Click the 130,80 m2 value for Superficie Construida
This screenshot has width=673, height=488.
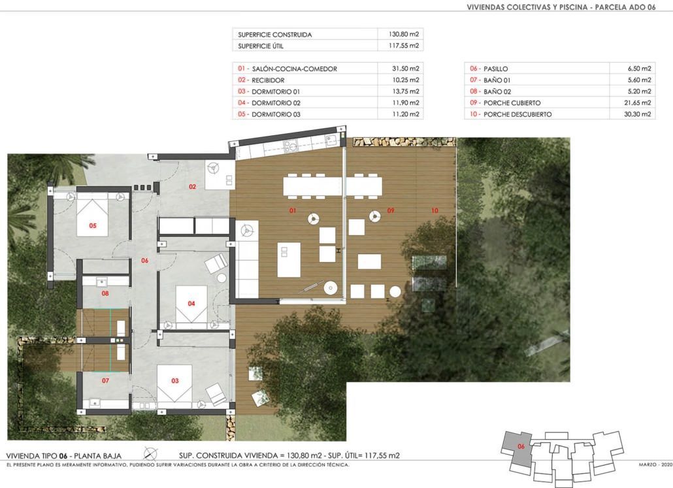point(403,35)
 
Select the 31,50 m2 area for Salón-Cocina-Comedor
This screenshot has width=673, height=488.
point(406,69)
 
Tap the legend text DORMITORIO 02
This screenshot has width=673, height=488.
point(276,103)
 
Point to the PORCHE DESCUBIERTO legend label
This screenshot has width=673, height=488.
point(517,114)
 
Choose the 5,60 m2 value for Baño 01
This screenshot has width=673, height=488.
point(639,80)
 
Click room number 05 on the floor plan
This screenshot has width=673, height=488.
point(93,226)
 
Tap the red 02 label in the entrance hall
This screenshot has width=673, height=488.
point(192,187)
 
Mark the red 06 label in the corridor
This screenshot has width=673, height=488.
point(144,261)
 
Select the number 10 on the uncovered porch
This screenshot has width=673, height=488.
point(435,210)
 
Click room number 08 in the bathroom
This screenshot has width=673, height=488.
point(105,293)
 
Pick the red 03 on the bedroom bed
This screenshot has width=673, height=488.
point(174,381)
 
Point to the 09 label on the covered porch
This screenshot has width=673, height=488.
point(391,210)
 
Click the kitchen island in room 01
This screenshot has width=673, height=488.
point(289,259)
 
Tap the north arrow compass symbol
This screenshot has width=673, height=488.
point(150,453)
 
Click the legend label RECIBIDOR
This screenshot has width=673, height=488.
point(268,80)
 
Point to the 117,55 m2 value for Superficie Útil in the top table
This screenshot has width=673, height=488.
point(403,46)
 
